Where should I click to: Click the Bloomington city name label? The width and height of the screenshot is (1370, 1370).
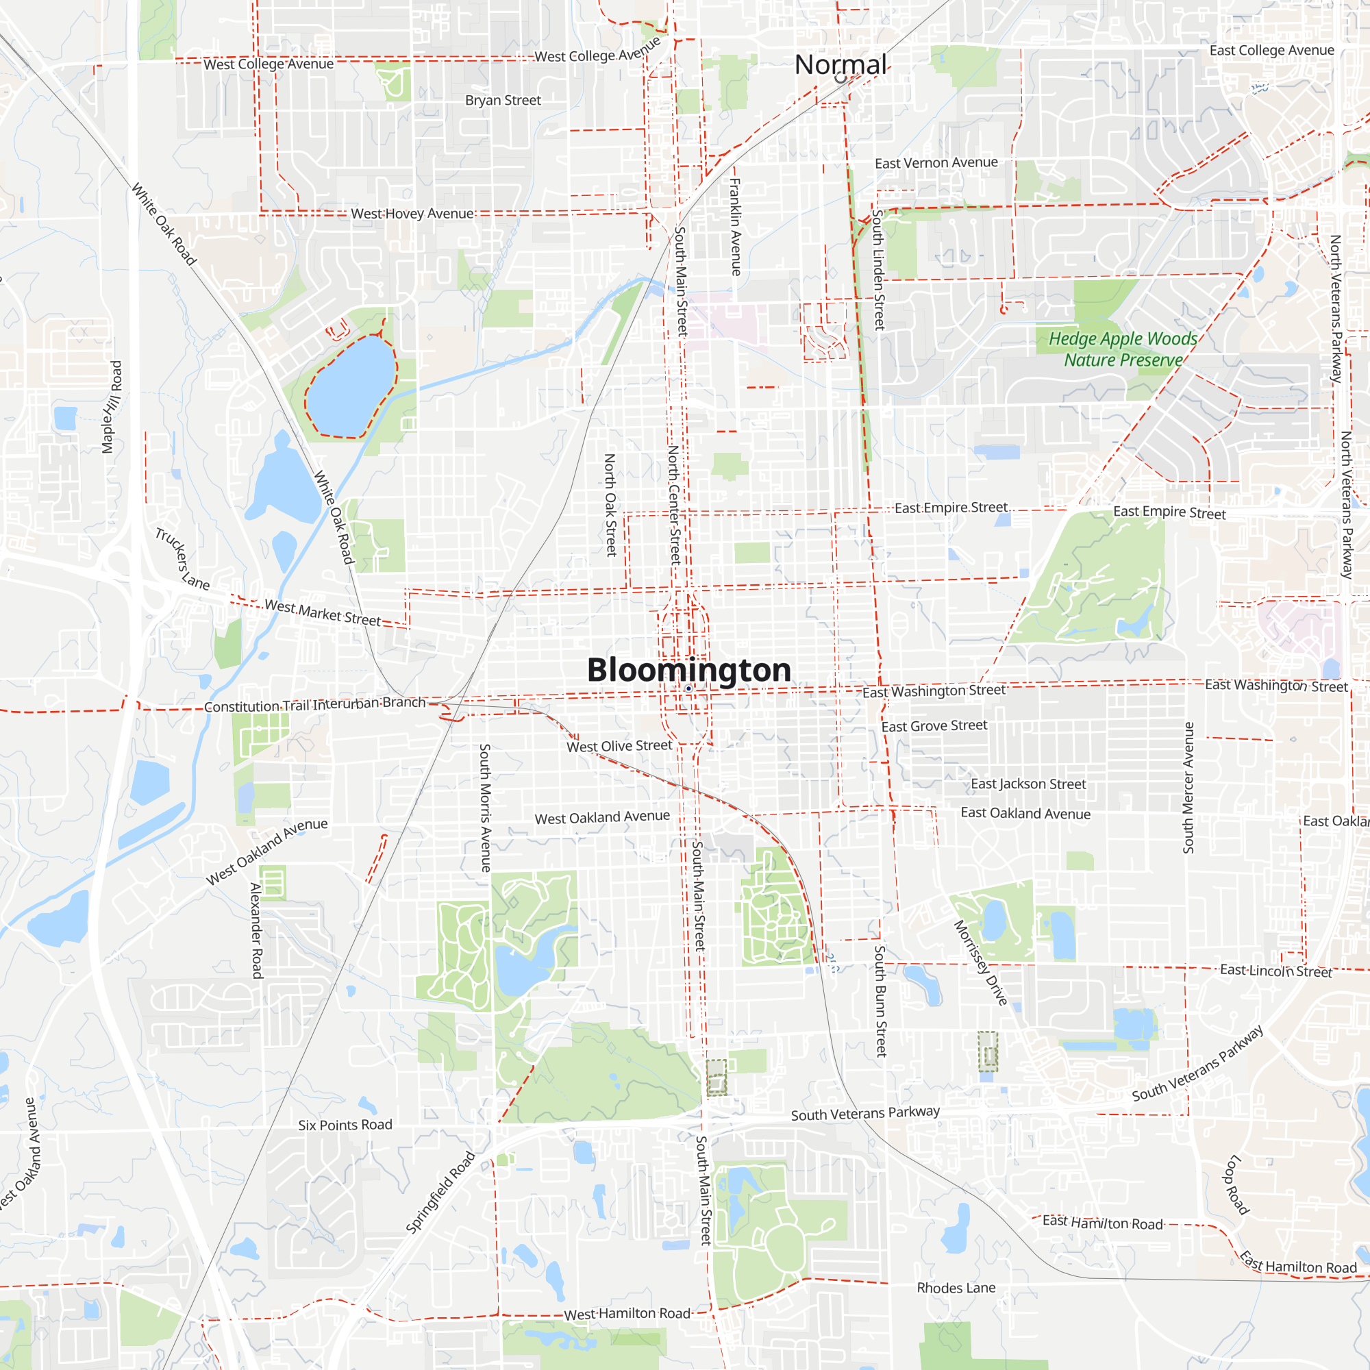coord(688,670)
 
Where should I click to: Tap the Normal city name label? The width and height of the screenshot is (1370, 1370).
coord(840,64)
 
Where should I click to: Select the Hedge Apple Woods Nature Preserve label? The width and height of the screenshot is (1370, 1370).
coord(1123,349)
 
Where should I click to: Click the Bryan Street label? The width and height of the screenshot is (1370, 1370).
coord(503,101)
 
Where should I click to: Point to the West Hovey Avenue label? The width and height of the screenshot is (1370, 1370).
coord(412,214)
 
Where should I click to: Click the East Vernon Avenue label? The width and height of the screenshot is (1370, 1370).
coord(936,163)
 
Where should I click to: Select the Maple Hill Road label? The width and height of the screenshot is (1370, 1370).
coord(112,406)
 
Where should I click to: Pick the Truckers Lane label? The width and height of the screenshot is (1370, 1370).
coord(182,559)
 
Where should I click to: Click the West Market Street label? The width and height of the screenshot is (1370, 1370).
coord(323,612)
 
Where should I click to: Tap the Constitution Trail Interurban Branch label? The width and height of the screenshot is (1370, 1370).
coord(315,705)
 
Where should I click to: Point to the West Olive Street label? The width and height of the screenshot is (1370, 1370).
coord(619,746)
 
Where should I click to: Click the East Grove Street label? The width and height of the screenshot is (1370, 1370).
coord(934,726)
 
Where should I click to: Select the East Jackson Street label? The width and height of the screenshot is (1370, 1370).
coord(1028,784)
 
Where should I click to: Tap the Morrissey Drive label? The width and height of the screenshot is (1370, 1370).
coord(980,962)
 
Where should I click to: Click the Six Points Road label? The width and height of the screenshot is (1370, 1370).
coord(345,1125)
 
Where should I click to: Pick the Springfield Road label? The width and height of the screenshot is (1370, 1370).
coord(440,1193)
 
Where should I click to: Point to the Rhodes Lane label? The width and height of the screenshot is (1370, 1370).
coord(956,1288)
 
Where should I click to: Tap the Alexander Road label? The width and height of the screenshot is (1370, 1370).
coord(256,930)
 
